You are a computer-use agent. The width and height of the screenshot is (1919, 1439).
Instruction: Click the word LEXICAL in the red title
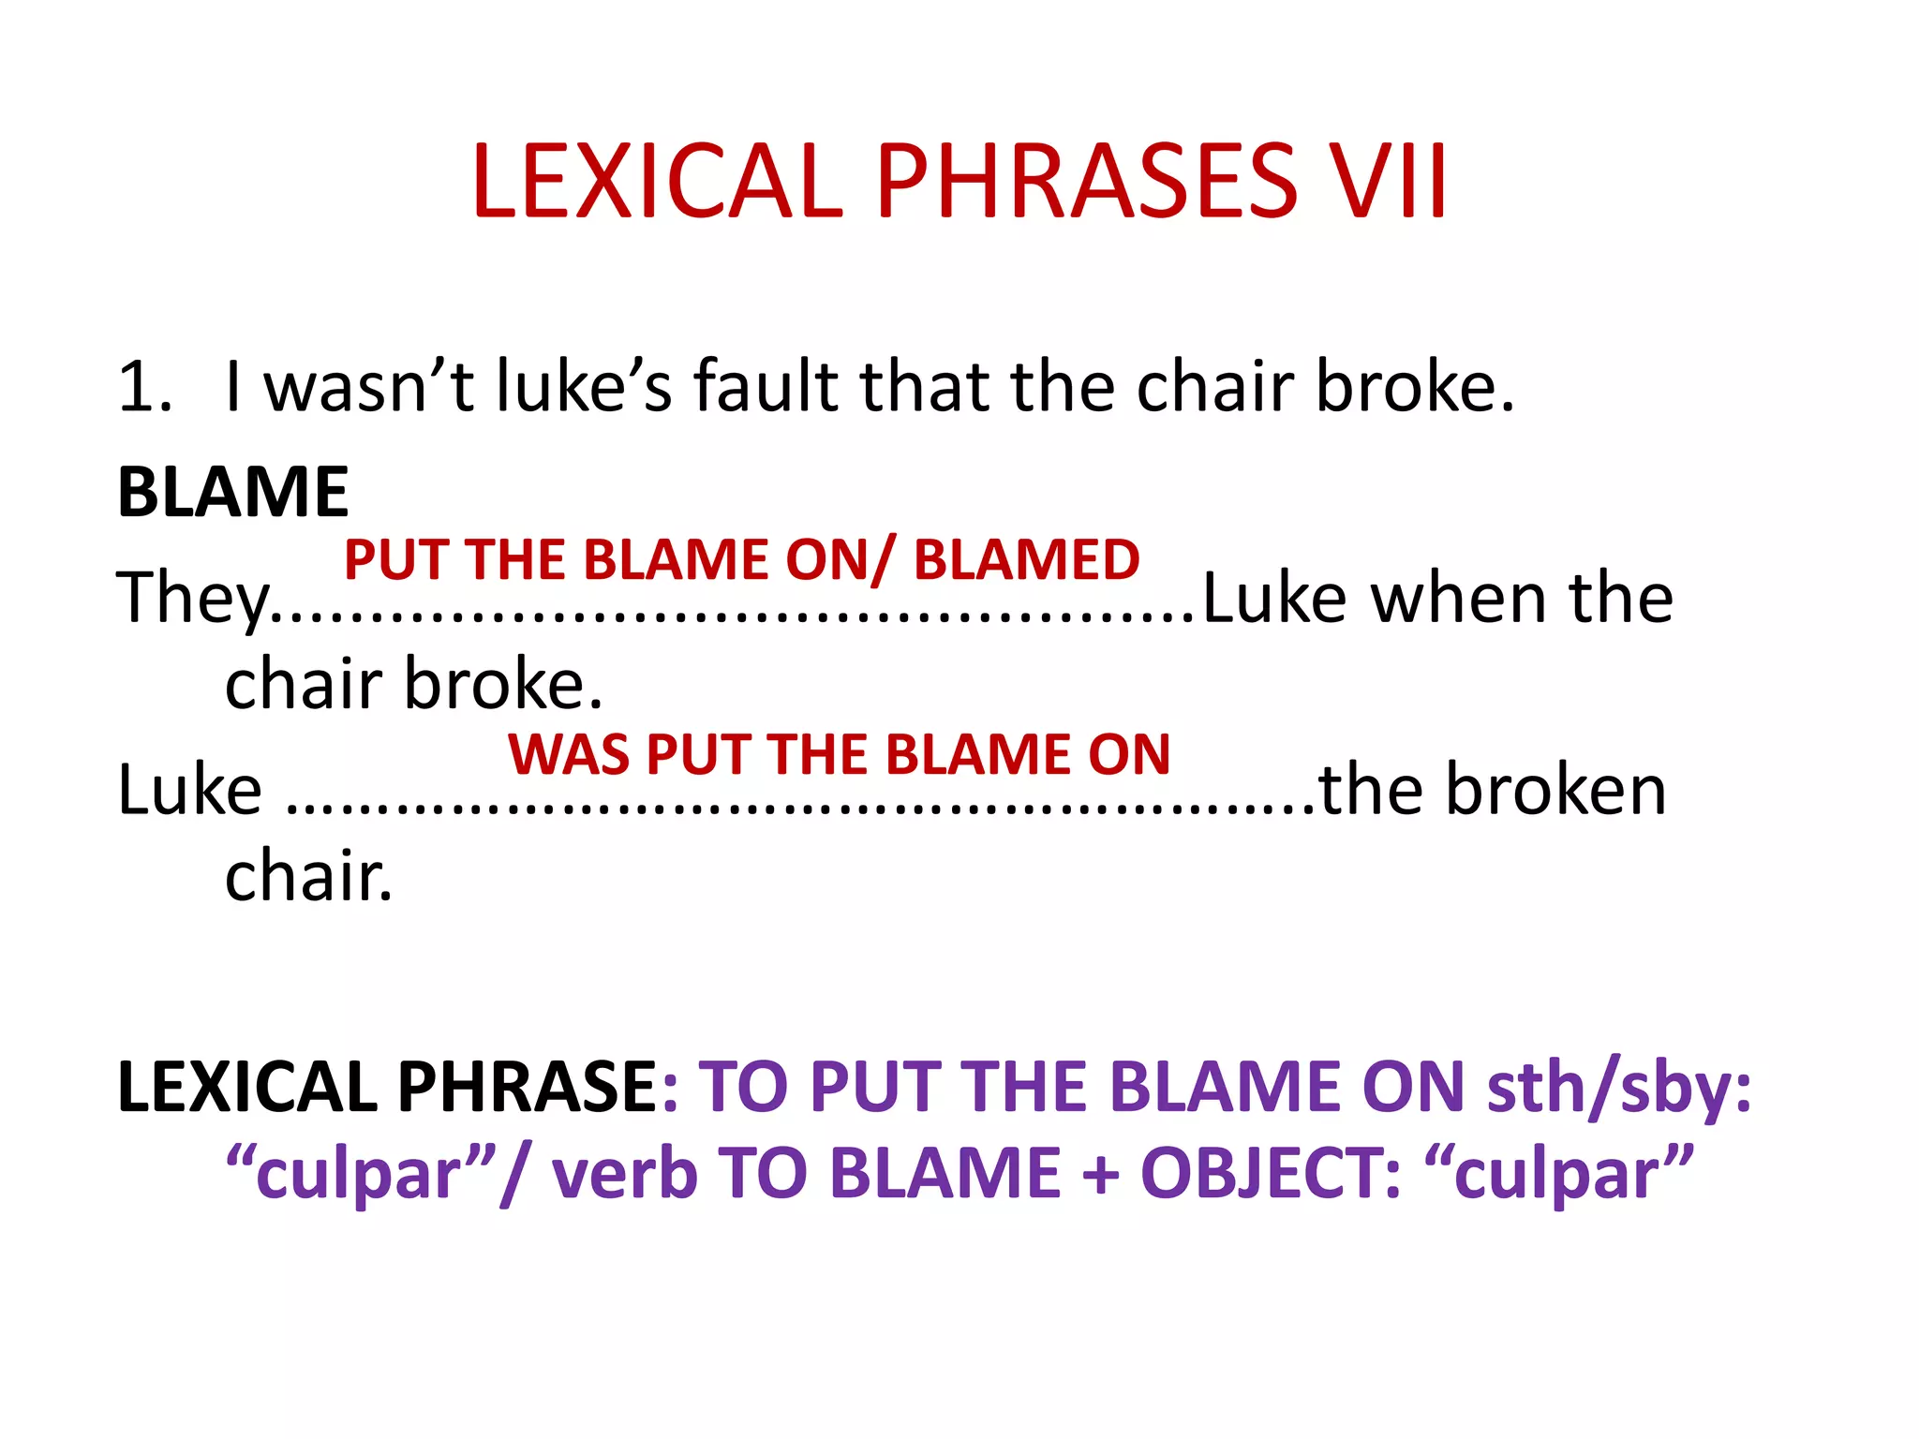pyautogui.click(x=657, y=181)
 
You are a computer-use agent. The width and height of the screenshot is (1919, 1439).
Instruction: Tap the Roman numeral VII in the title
pyautogui.click(x=1390, y=181)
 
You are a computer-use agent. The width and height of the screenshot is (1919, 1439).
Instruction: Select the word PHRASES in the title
pyautogui.click(x=1086, y=181)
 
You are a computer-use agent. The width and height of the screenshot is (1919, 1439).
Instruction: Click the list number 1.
pyautogui.click(x=144, y=387)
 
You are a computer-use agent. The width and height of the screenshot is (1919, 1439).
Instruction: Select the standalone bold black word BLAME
pyautogui.click(x=232, y=492)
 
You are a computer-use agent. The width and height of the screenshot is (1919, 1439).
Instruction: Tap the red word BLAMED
pyautogui.click(x=1026, y=560)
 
